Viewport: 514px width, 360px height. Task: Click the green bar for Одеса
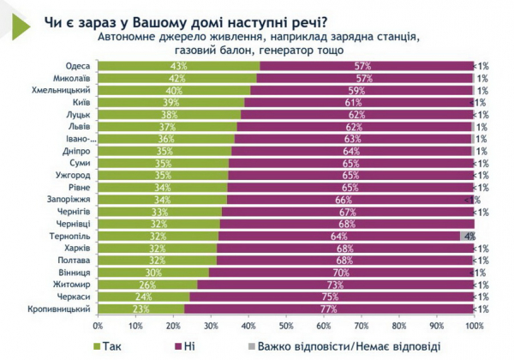pos(178,66)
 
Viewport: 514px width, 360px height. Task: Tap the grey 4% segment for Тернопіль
pos(467,235)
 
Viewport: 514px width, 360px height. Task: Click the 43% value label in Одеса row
pos(178,66)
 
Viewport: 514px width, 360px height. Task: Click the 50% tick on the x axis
pos(286,326)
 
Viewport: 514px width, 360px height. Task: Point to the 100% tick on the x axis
pos(474,326)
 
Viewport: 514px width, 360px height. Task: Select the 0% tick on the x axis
pos(99,326)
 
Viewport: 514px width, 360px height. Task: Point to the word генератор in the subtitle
pos(304,50)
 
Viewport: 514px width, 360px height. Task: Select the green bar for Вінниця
pos(153,271)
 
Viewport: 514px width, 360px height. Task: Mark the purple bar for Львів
pos(355,126)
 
